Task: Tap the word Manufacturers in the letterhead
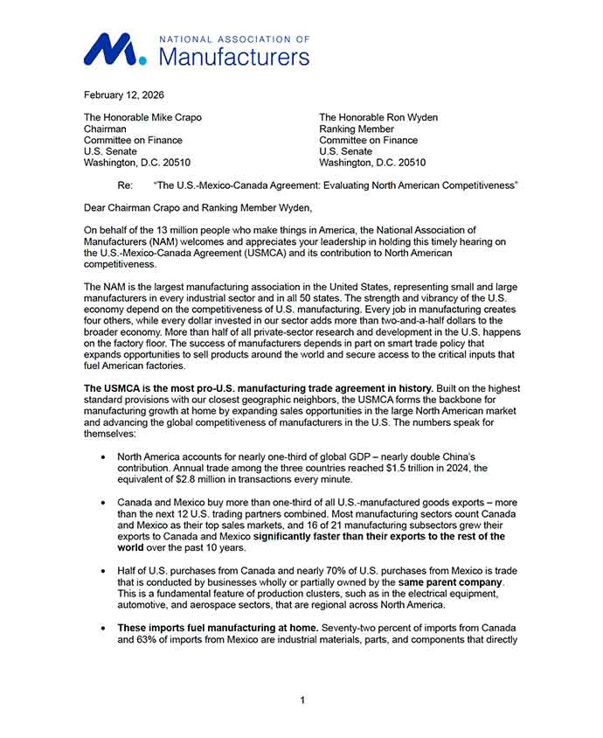tap(235, 58)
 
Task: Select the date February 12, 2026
tap(123, 94)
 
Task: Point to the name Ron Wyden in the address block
tap(406, 117)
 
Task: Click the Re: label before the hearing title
tap(125, 185)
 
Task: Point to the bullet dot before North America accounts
tap(105, 457)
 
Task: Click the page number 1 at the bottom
tap(301, 700)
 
